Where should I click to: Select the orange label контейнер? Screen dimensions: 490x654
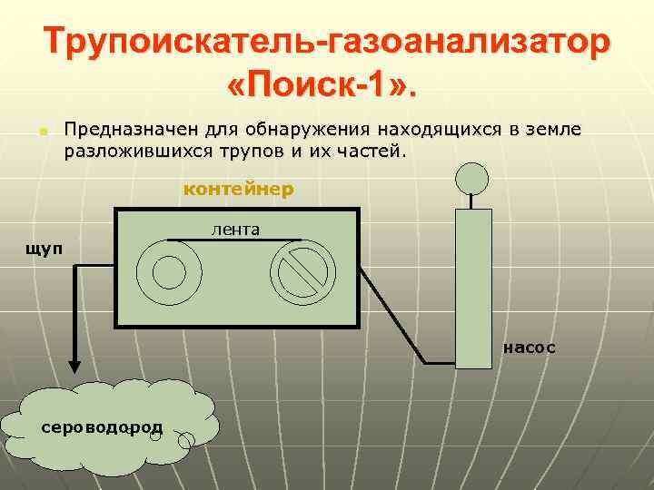point(239,190)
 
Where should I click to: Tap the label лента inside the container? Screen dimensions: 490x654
point(235,230)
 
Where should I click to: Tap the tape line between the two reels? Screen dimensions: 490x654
point(235,240)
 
